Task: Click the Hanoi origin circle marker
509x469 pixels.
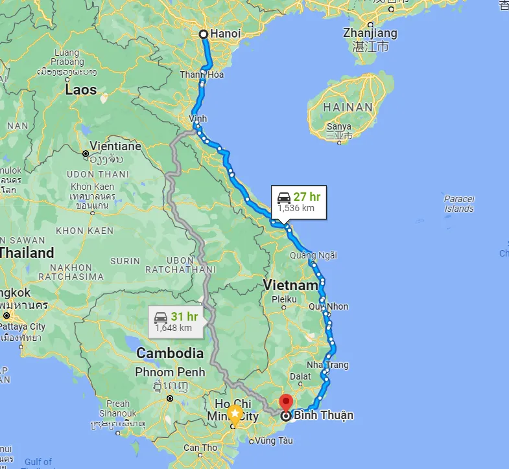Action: [203, 34]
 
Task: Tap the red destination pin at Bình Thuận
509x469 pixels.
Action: [286, 402]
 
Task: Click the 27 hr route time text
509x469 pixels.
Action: [307, 197]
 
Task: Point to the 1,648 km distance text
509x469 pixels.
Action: [173, 328]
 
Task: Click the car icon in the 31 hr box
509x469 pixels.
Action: [160, 317]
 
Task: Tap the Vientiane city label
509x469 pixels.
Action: [115, 146]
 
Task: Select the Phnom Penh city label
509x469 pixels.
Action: [170, 372]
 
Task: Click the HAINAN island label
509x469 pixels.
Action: [349, 107]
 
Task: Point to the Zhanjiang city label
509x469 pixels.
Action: [370, 33]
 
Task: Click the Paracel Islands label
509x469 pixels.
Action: [458, 203]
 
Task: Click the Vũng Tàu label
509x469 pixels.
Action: [274, 440]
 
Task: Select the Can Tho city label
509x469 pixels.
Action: [200, 448]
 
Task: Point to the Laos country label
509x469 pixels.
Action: [80, 90]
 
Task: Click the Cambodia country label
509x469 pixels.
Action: [170, 354]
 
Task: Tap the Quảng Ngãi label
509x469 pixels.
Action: [313, 255]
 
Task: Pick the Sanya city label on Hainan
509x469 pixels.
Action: [339, 127]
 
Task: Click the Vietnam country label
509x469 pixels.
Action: [291, 285]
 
